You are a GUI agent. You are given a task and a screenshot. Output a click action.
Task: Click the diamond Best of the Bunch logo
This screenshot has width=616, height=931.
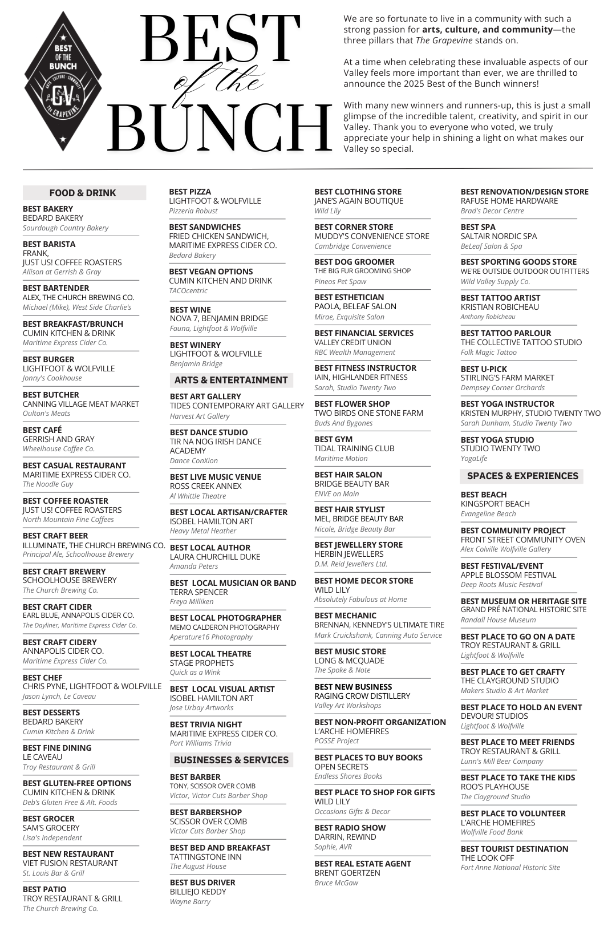(x=63, y=82)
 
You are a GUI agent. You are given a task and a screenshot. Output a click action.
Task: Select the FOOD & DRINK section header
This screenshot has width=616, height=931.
(x=83, y=193)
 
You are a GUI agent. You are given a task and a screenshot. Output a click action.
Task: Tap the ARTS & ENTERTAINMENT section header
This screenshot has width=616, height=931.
(x=231, y=380)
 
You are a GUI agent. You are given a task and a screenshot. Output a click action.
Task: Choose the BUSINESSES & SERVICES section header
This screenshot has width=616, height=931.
(x=231, y=760)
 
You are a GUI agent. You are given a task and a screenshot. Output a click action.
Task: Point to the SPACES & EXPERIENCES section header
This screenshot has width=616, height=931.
(x=522, y=476)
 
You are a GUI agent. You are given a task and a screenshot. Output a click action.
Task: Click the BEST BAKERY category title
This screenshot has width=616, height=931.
(x=48, y=209)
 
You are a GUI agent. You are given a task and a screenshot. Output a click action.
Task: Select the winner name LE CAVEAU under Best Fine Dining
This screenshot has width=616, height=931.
(x=43, y=757)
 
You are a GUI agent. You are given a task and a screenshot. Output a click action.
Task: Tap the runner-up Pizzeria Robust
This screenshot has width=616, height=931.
(x=193, y=211)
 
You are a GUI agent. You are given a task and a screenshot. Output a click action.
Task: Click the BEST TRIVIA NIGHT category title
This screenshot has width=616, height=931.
(x=206, y=724)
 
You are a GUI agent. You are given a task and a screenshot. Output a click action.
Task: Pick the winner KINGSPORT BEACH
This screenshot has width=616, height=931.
(x=495, y=504)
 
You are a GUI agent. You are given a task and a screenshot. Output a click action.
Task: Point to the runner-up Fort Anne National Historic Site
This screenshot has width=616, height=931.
(x=510, y=868)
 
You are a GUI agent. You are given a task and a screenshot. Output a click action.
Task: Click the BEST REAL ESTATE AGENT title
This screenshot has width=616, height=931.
(x=363, y=864)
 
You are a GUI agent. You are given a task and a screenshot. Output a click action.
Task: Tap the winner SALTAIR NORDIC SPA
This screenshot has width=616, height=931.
(x=499, y=236)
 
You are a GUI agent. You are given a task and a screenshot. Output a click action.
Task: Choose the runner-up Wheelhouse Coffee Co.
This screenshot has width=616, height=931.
(x=59, y=449)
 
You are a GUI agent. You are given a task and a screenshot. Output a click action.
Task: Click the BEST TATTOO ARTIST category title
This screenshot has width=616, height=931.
(x=500, y=298)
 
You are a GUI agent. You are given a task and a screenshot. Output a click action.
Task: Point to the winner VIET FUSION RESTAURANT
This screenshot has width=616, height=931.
(x=70, y=863)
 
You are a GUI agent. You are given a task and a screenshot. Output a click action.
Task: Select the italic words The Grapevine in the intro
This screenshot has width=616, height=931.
(x=436, y=41)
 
